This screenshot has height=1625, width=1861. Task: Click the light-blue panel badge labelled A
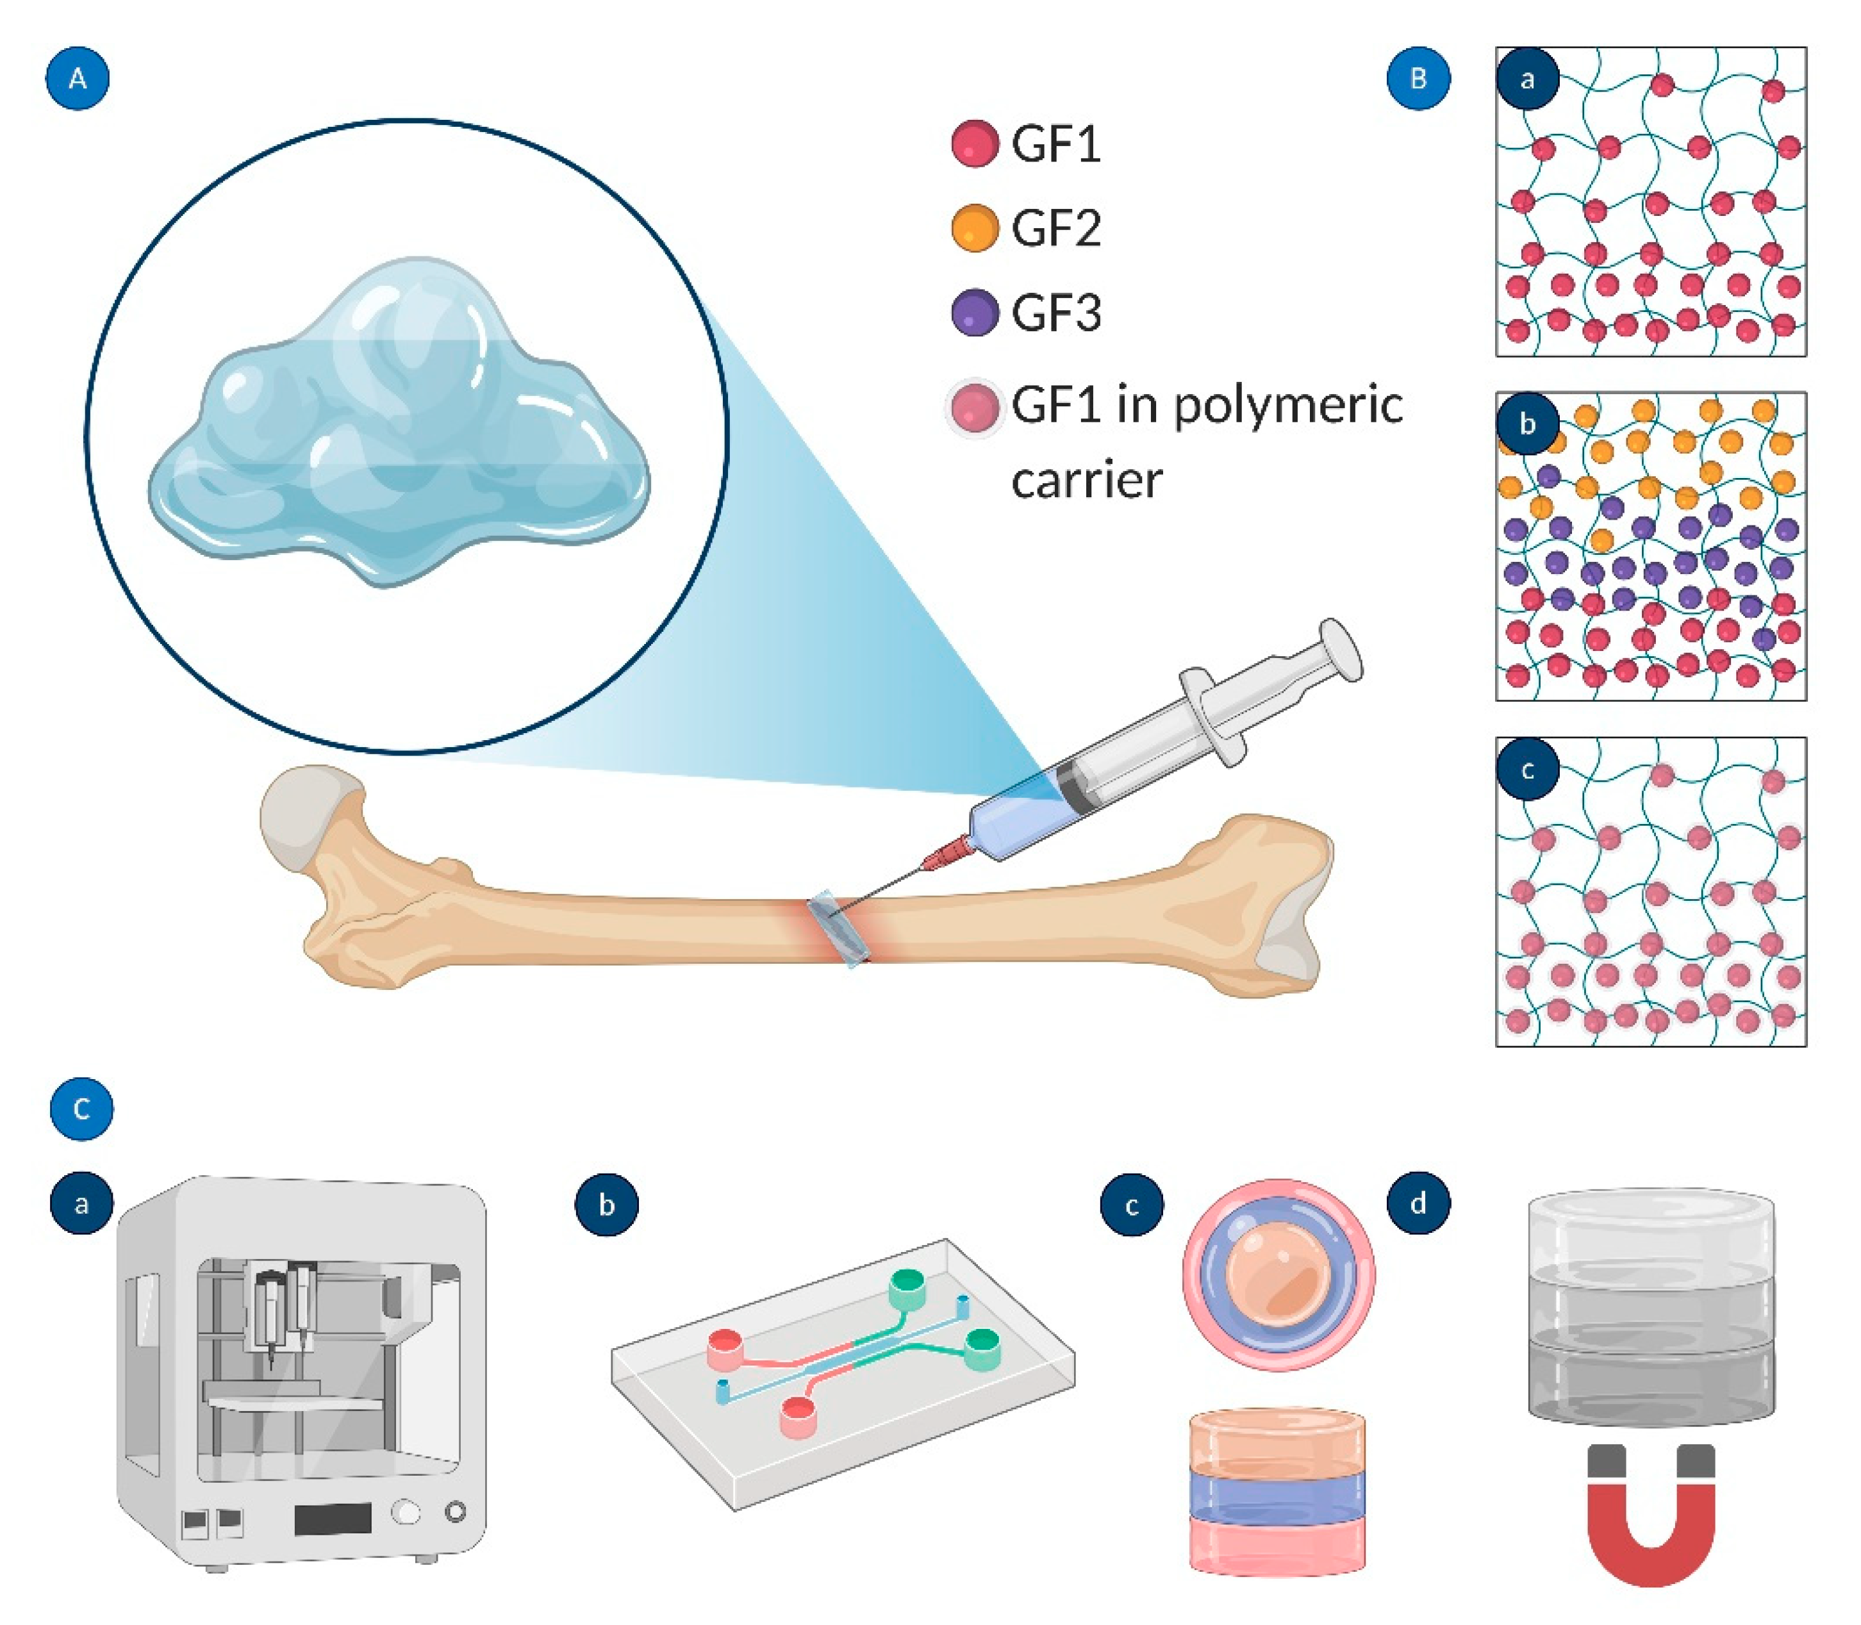click(78, 79)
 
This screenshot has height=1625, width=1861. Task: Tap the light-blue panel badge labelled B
click(1418, 79)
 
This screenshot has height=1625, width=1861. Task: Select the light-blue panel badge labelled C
click(81, 1108)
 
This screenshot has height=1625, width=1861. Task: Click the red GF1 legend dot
click(975, 144)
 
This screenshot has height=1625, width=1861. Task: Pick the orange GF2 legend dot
click(975, 227)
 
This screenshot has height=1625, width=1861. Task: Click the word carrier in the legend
click(1086, 480)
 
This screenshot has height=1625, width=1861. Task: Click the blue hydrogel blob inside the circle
click(399, 426)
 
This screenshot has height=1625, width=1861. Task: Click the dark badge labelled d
click(1418, 1203)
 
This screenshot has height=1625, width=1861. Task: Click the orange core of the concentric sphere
click(1278, 1274)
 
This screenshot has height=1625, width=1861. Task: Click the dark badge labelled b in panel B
click(1527, 424)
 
